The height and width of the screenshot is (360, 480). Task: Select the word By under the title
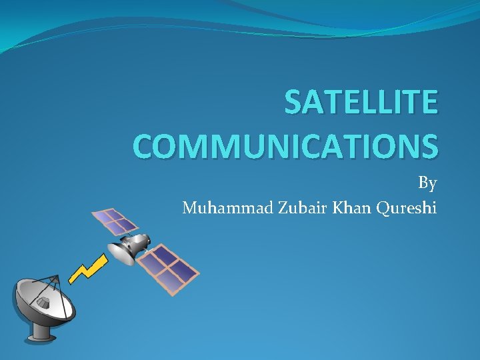coord(427,183)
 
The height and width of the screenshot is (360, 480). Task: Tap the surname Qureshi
coord(407,209)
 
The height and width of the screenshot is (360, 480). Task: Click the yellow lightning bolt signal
coord(89,265)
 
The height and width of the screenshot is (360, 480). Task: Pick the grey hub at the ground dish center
coord(43,303)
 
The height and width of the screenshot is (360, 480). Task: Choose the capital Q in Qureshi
coord(383,209)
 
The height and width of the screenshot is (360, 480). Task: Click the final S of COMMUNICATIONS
coord(429,145)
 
